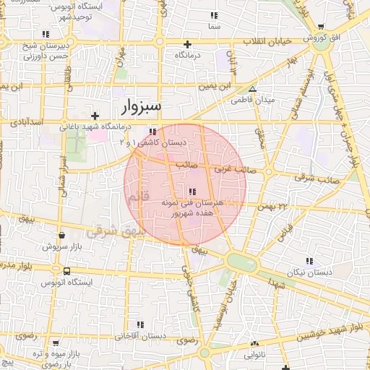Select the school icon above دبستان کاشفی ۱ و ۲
point(152,132)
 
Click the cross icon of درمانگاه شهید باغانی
point(95,116)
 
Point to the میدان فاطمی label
point(250,100)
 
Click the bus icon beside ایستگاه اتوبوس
point(66,271)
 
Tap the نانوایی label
point(253,355)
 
